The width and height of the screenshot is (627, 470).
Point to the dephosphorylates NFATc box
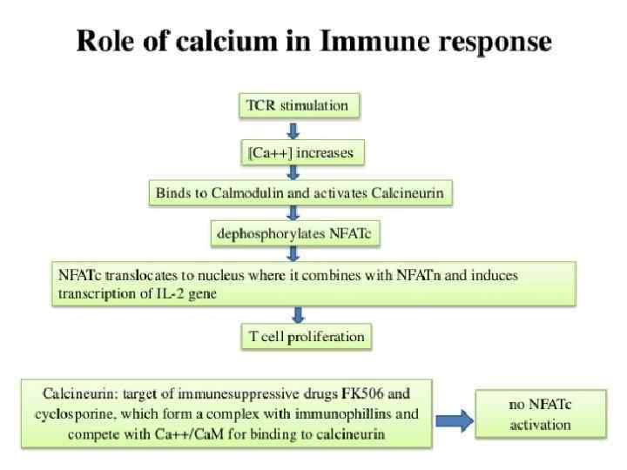tap(296, 233)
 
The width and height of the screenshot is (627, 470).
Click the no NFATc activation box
tap(541, 414)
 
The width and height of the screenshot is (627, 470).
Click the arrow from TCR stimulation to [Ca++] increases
tap(293, 131)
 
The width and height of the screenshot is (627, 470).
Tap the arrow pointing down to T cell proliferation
tap(298, 314)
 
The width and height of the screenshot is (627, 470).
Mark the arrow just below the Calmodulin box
tap(293, 213)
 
